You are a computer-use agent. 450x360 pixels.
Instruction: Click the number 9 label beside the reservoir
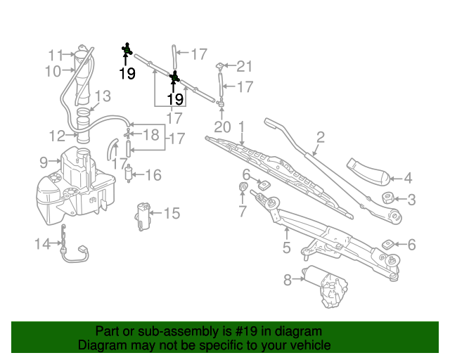tap(44, 162)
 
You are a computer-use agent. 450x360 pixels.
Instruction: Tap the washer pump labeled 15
tap(145, 215)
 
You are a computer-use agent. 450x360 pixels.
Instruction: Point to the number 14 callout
tap(42, 244)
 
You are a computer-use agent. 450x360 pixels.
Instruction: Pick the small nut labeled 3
tap(387, 197)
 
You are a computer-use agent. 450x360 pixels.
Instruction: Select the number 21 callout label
tap(243, 67)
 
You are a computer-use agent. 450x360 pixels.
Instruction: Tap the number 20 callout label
tap(222, 127)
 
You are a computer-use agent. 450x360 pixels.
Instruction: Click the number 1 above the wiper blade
tap(241, 127)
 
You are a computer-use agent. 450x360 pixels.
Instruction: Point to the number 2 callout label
tap(320, 137)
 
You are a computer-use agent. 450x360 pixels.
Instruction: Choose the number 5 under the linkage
tap(286, 247)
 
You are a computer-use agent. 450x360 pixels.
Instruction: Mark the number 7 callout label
tap(243, 210)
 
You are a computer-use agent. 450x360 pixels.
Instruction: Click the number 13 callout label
tap(103, 96)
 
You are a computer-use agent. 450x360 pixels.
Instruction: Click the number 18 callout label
tap(151, 134)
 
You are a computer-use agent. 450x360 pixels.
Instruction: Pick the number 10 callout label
tap(53, 70)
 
